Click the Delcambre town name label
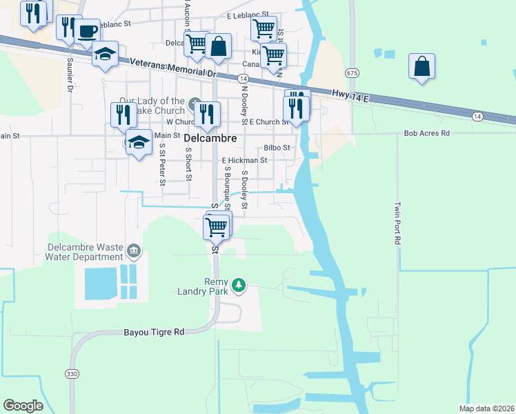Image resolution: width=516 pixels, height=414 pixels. click(211, 139)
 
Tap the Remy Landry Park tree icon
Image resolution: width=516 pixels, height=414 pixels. click(239, 285)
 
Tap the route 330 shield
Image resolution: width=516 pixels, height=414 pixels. click(72, 373)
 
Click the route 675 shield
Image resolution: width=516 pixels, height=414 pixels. click(353, 72)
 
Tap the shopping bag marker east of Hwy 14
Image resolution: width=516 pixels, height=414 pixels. click(421, 66)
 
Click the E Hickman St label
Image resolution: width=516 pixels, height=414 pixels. click(244, 160)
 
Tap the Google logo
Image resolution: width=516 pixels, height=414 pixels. click(23, 405)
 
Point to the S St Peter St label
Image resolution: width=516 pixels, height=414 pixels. click(162, 164)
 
